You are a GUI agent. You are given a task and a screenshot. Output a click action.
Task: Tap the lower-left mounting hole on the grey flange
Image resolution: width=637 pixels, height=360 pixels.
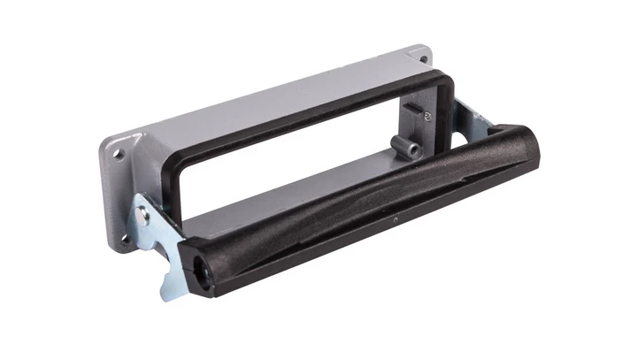point(125,237)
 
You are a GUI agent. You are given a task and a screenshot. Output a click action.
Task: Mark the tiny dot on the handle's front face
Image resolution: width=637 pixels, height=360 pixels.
point(395,218)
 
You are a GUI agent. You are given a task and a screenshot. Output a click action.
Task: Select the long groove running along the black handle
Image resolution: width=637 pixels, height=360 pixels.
point(372,190)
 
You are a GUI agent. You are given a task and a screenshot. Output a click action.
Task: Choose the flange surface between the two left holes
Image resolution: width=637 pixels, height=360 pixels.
point(120,195)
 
